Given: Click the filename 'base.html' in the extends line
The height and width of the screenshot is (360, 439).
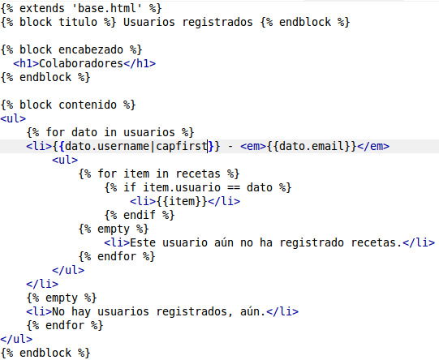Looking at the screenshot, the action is coord(107,8).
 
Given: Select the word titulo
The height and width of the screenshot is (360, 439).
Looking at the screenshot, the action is coord(78,22).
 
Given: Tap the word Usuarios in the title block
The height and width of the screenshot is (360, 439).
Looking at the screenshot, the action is coord(149,22).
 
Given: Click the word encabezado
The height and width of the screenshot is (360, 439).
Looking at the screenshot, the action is coord(91,49).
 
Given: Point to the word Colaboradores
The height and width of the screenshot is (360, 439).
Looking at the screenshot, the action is coord(81,63).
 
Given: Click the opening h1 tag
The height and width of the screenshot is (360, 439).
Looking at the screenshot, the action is coord(26,63).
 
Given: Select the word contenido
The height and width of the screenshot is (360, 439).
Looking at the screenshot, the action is coord(88,105).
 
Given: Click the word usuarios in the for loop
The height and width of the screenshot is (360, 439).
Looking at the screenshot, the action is coord(149,132).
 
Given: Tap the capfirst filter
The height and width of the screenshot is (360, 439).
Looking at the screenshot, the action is coord(182,146).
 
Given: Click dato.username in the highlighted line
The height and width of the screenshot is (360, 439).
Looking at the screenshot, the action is coord(107,146).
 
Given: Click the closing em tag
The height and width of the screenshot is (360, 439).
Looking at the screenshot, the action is coord(373,146).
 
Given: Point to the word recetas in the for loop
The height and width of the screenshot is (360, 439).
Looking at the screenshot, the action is coord(198,174).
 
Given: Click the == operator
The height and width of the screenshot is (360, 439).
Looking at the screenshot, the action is coord(234,187).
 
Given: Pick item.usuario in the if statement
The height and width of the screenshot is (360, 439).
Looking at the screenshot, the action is coord(182,187).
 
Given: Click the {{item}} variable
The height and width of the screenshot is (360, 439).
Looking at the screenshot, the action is coord(182,201).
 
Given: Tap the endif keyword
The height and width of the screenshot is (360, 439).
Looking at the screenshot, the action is coord(140,215).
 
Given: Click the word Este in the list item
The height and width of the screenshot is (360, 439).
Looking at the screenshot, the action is coord(143,242).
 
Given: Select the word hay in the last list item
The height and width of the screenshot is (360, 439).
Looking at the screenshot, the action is coord(81,311).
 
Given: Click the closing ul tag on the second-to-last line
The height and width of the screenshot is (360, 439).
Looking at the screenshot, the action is coord(16,339).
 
